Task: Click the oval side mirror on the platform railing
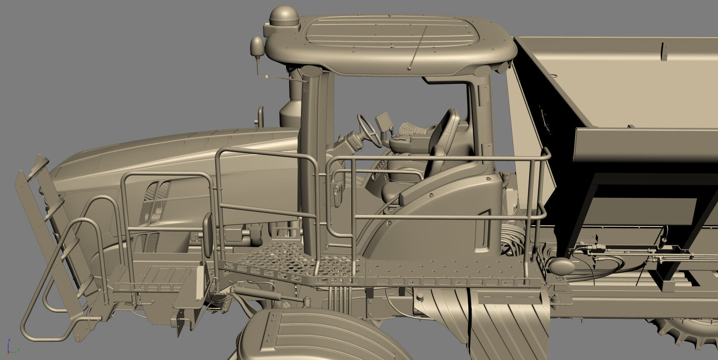[x=208, y=235]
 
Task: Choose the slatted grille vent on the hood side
[x=152, y=216]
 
